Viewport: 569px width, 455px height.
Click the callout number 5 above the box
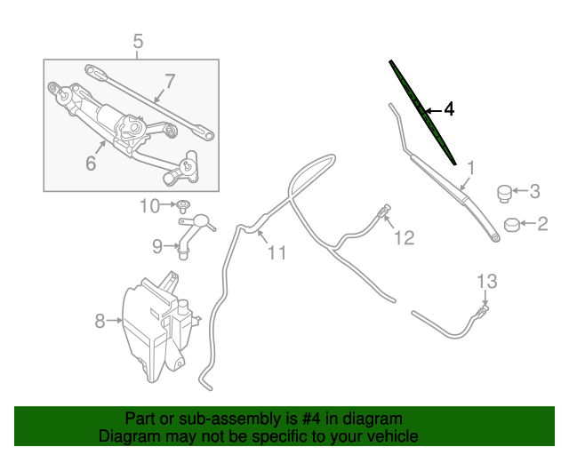tap(138, 40)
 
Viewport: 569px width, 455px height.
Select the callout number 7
tap(169, 81)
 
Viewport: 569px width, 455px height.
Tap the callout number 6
tap(91, 163)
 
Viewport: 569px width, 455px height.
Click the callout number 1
tap(471, 166)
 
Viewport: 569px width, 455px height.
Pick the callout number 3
tap(534, 190)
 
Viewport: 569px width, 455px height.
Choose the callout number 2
tap(541, 224)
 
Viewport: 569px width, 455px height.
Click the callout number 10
tap(148, 206)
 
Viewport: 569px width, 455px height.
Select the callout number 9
tap(156, 245)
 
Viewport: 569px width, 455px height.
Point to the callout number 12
tap(405, 238)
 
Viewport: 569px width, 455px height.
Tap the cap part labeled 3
tap(504, 192)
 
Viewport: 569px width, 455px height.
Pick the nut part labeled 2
tap(512, 224)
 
